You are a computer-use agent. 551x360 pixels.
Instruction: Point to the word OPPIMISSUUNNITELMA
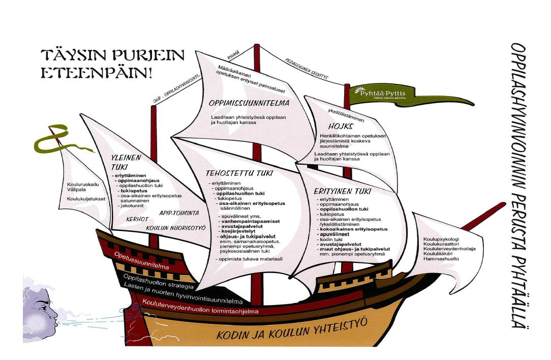pos(249,104)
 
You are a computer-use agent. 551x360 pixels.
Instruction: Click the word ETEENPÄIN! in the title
pos(97,72)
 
